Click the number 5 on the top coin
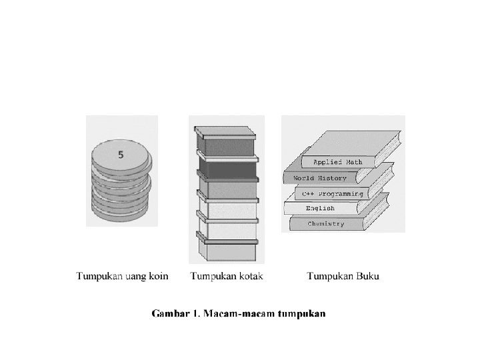coord(121,155)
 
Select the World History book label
coord(320,178)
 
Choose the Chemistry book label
coord(326,224)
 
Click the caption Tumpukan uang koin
coord(122,276)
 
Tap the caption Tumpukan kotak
coord(227,276)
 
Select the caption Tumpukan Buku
coord(343,276)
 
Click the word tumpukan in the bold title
coord(301,313)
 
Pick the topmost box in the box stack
coord(227,145)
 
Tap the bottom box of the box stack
coord(227,251)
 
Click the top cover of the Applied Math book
coord(347,141)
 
